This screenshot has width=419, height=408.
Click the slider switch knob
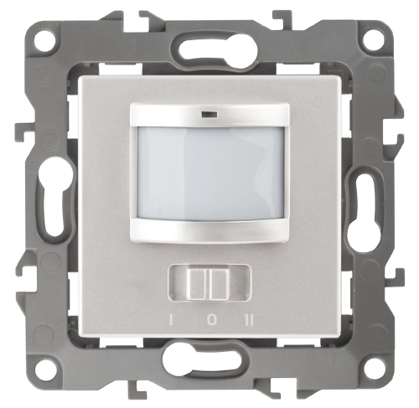point(209,284)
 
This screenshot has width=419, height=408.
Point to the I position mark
point(171,320)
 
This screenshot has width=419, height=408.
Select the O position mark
point(211,320)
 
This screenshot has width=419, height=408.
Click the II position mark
point(249,320)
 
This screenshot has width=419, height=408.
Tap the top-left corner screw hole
point(45,41)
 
